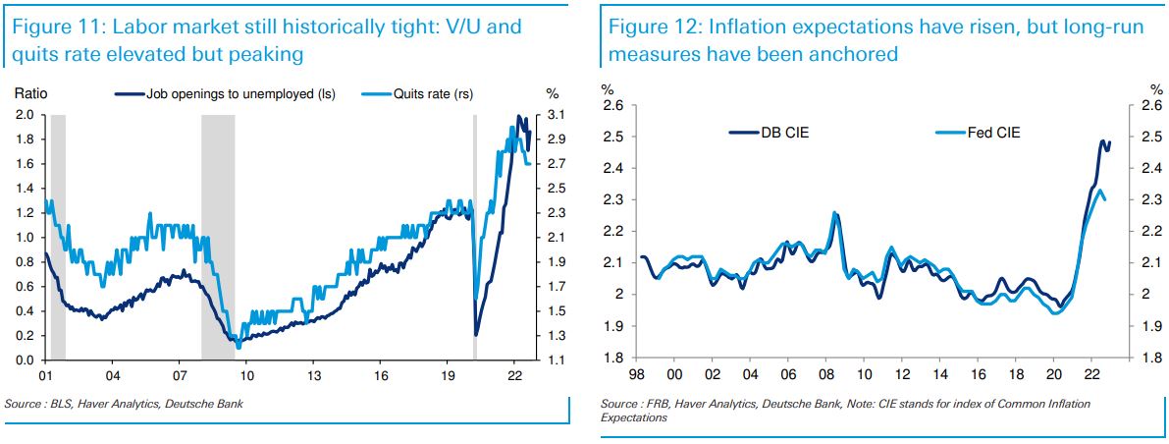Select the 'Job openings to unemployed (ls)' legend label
[240, 94]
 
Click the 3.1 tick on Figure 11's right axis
[555, 114]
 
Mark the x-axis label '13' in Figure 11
[313, 375]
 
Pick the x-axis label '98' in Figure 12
[636, 375]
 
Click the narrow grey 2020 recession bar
[474, 236]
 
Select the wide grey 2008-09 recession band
[218, 236]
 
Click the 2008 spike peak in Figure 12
[834, 212]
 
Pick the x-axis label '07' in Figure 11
[180, 375]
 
